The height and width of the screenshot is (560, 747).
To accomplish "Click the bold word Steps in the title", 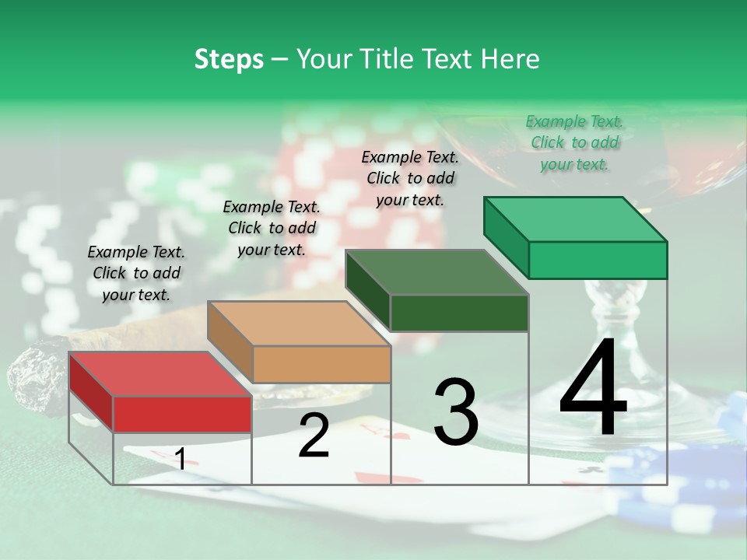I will [x=229, y=59].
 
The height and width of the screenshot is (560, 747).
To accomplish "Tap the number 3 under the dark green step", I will [x=455, y=411].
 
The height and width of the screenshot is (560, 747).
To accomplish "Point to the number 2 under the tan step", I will [x=314, y=436].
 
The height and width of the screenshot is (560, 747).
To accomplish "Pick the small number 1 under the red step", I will [x=180, y=459].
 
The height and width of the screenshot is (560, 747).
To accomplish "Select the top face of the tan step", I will [x=299, y=324].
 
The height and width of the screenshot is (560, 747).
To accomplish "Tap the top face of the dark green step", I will [x=437, y=272].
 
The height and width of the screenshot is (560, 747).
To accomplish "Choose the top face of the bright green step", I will [x=575, y=219].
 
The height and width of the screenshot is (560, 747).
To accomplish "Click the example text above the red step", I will [x=136, y=273].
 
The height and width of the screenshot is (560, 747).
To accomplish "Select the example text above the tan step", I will [x=272, y=228].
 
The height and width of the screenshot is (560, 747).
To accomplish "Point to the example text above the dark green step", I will [x=410, y=178].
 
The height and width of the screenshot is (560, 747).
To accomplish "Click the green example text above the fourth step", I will [x=574, y=142].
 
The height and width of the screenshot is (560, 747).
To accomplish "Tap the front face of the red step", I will [x=182, y=414].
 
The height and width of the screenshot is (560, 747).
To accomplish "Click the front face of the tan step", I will [x=321, y=363].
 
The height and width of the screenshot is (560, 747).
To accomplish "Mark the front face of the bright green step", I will [x=598, y=260].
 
